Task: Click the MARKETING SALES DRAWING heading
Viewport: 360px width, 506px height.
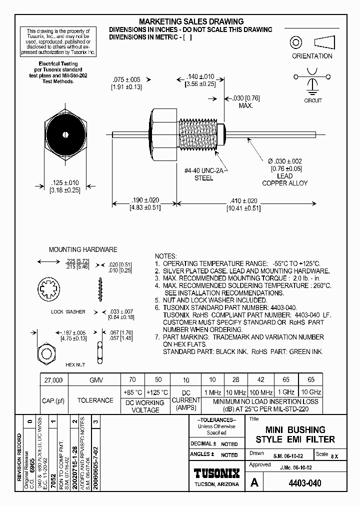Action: click(191, 21)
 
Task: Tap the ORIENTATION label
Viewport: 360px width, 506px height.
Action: click(312, 56)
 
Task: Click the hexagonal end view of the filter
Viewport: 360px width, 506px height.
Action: click(65, 134)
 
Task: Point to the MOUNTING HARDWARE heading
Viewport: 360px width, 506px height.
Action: click(83, 249)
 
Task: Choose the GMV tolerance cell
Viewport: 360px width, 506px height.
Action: click(95, 380)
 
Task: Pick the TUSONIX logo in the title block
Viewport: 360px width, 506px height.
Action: click(216, 473)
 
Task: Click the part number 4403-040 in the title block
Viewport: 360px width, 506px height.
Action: click(304, 483)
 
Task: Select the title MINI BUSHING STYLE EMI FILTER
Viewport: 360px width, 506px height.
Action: click(295, 434)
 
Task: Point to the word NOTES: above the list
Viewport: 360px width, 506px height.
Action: click(166, 255)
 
